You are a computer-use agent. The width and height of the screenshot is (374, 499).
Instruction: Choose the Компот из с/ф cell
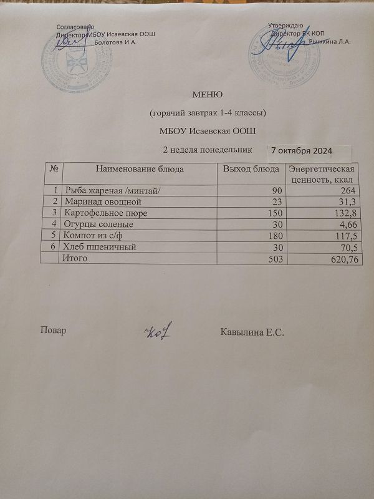93,235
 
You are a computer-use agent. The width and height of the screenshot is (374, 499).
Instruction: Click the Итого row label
72,258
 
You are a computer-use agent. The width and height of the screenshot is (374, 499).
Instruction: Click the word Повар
52,331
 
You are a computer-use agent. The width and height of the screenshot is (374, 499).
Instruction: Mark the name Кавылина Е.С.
252,331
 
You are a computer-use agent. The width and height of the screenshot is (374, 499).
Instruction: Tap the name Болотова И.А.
114,42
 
